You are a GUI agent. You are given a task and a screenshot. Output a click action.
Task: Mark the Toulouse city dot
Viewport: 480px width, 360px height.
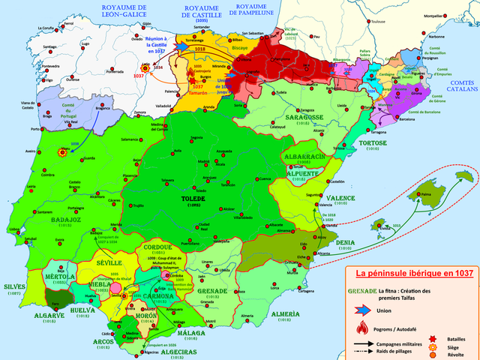[373, 22]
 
